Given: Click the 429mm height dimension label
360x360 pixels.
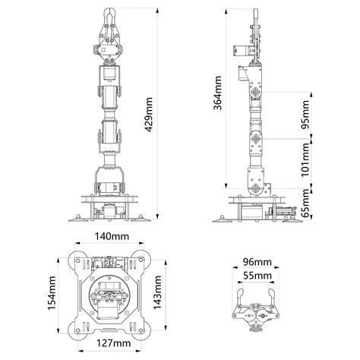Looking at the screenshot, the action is (x=150, y=115).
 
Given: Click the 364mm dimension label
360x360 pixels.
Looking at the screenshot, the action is (x=217, y=93).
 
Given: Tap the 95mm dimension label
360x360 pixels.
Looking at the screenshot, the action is (x=305, y=115).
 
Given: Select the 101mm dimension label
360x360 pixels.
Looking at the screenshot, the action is (x=305, y=160).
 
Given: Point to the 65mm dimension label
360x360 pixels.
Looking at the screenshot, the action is (x=305, y=204).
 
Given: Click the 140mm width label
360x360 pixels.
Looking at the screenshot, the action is (x=112, y=236).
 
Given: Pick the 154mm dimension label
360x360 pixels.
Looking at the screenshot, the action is (x=52, y=293).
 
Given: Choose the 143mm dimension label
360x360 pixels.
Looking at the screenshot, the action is (x=157, y=292).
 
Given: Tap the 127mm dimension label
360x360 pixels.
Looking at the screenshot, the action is (x=114, y=343).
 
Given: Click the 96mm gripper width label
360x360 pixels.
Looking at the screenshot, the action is (x=257, y=262).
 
